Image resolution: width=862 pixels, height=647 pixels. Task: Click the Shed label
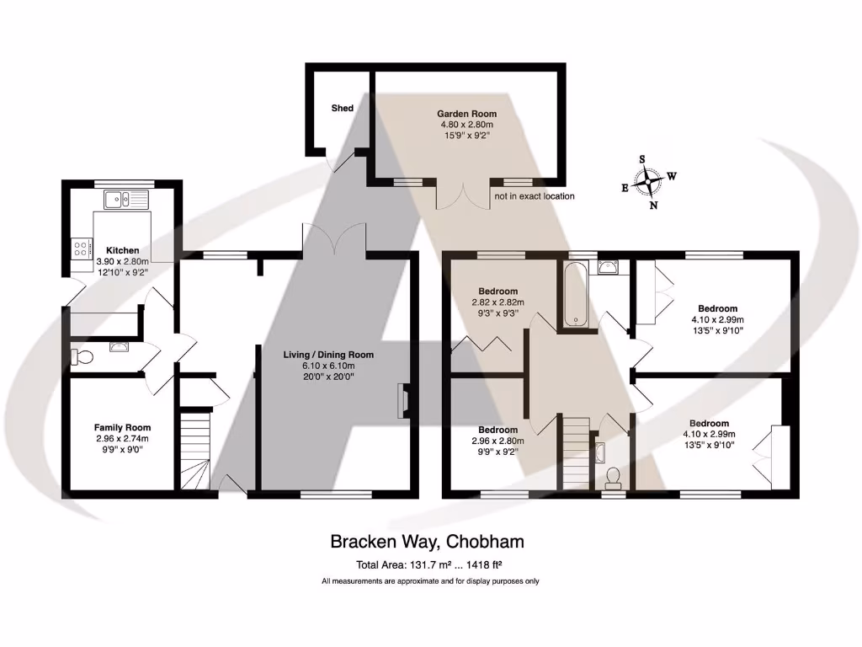342,108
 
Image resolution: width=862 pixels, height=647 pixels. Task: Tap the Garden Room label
466,114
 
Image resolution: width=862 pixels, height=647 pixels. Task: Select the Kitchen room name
123,250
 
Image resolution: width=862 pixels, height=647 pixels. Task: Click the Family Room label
122,427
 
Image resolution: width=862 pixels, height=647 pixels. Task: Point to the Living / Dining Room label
328,355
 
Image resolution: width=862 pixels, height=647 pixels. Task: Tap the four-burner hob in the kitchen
82,247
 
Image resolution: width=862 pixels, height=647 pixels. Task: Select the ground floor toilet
82,357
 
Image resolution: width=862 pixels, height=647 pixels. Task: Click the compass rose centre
649,182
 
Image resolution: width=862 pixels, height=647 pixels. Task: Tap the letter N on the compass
653,206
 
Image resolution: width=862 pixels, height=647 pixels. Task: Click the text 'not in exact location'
535,195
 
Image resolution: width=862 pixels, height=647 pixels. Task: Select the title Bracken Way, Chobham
427,542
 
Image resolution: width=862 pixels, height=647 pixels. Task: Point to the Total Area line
429,564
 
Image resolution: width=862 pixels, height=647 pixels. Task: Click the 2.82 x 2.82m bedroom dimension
498,302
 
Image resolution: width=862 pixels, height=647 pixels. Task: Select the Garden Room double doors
463,195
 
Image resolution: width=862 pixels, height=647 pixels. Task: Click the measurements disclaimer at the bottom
430,581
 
